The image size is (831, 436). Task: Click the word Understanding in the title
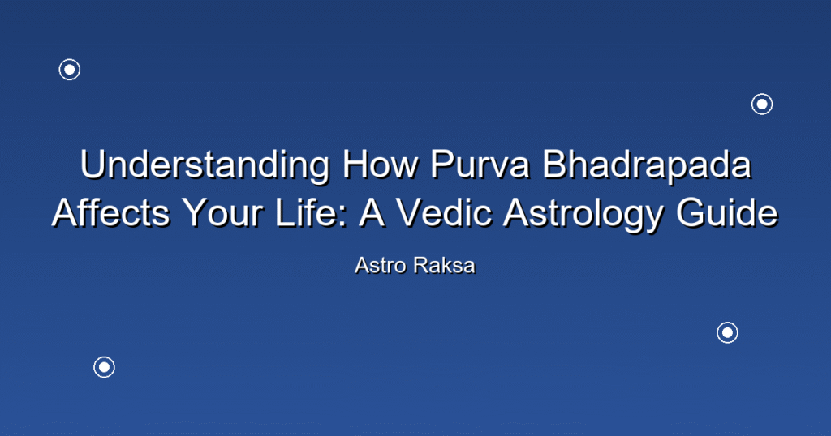205,165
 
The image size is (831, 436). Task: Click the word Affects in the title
110,212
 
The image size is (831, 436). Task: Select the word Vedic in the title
446,212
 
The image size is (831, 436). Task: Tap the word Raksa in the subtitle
445,266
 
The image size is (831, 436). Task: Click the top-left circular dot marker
70,70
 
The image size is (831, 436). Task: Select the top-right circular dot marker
762,105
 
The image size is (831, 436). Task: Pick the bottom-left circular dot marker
105,367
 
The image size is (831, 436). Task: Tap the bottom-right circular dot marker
728,333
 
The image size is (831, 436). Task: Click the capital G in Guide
691,212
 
